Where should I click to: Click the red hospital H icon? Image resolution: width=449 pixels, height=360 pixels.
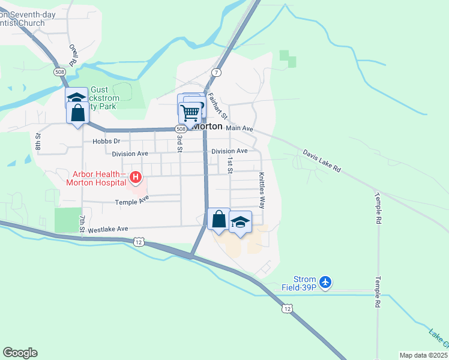tap(136, 177)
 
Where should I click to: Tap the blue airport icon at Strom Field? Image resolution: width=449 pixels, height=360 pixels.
tap(325, 281)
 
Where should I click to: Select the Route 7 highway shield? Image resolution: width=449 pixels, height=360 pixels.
tap(216, 73)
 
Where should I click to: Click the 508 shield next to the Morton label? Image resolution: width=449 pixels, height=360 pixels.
tap(181, 129)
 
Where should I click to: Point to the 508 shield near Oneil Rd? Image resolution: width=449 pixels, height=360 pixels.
tap(59, 72)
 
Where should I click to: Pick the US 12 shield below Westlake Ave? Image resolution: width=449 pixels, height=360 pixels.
tap(139, 242)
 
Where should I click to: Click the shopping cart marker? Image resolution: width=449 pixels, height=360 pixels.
tap(190, 112)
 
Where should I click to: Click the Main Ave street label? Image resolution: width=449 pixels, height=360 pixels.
tap(240, 128)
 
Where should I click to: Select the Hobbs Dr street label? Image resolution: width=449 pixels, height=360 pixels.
tap(107, 142)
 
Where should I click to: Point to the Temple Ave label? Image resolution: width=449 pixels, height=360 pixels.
tap(131, 200)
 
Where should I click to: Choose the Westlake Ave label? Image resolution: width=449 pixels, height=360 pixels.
tap(108, 229)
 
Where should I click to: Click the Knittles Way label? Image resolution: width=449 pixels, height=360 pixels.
tap(262, 190)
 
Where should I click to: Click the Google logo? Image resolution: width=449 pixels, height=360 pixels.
tap(20, 353)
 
